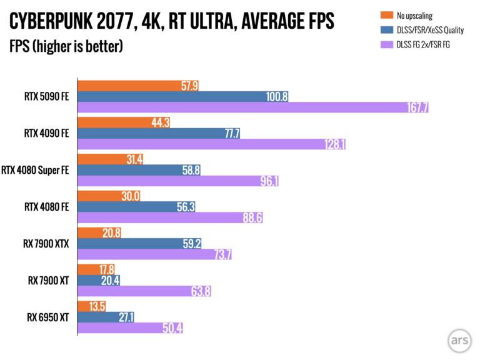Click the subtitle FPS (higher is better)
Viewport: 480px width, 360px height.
pyautogui.click(x=66, y=46)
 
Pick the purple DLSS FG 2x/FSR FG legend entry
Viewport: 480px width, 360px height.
pyautogui.click(x=425, y=44)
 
